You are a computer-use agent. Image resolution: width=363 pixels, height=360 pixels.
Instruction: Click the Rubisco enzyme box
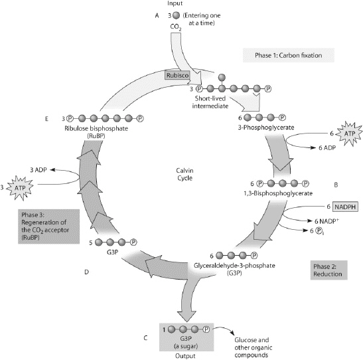[177, 75]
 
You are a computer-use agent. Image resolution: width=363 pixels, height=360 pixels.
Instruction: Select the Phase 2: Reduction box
[330, 270]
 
